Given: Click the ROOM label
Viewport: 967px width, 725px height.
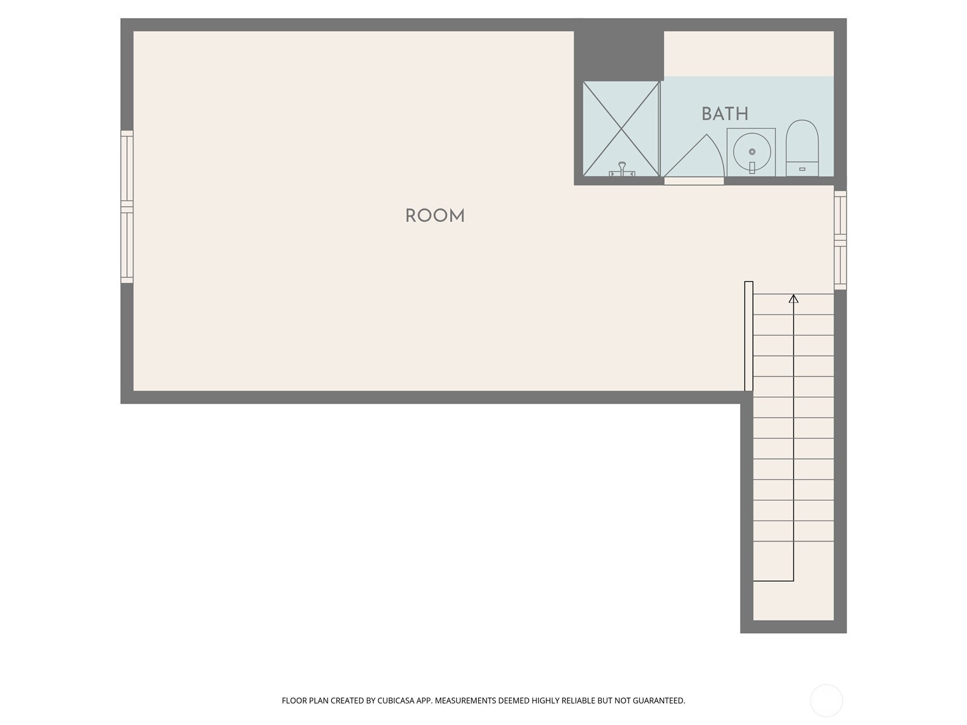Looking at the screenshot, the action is (435, 216).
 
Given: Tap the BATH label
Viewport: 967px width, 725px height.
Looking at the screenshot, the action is (725, 114).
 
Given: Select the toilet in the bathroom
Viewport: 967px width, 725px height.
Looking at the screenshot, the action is (802, 148).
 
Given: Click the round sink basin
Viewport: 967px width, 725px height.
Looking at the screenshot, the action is (752, 152).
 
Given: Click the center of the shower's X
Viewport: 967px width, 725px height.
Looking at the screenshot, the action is (621, 129).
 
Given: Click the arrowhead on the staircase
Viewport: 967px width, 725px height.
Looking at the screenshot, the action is (794, 299).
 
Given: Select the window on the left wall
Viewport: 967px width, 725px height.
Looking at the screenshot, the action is (127, 207).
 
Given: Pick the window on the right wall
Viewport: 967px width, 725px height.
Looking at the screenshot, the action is (840, 240).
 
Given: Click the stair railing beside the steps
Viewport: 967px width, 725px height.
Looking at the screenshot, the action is (748, 336).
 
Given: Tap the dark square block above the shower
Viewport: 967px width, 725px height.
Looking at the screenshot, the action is (618, 50).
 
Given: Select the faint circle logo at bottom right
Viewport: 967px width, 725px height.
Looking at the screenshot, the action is (826, 701).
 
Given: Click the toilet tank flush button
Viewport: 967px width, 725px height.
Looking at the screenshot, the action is (802, 169).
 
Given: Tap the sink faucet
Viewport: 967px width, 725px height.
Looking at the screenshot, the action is (752, 167).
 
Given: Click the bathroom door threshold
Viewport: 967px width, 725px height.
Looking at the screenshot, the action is (694, 181).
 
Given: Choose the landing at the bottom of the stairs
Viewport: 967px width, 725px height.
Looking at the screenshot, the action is (793, 601).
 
